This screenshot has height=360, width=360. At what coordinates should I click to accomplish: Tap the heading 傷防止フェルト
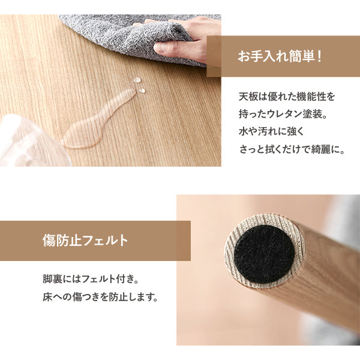coord(85,241)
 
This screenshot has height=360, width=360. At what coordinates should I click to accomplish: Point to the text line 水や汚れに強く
coord(273,131)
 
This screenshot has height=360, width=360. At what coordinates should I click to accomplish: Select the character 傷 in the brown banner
coord(49,241)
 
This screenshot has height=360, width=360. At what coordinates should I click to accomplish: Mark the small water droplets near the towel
coord(139,85)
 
